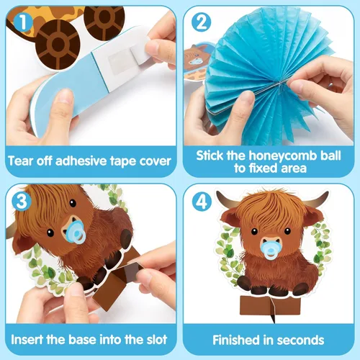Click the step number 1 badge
tap(23, 22)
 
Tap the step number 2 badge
tap(202, 22)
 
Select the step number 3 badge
tap(22, 201)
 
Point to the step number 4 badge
tap(202, 202)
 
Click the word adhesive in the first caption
tap(81, 161)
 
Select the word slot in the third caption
tap(157, 340)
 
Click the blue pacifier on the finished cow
tap(271, 253)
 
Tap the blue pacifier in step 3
tap(76, 232)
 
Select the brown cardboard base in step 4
tap(270, 306)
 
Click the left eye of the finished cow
tap(254, 232)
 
